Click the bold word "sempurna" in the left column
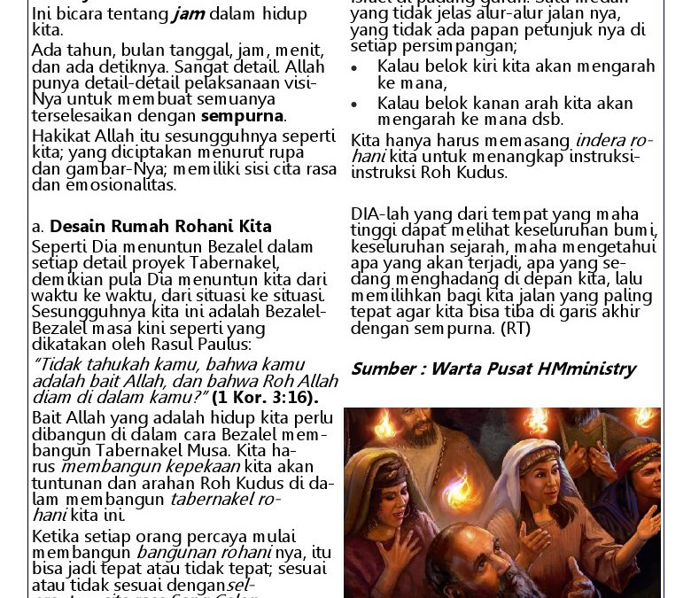coord(242,116)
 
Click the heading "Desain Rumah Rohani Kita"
coord(160,227)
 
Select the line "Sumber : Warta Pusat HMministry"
coord(493,369)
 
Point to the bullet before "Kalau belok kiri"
coord(354,67)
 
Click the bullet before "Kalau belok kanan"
coord(354,105)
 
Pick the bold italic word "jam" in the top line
coord(188,14)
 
